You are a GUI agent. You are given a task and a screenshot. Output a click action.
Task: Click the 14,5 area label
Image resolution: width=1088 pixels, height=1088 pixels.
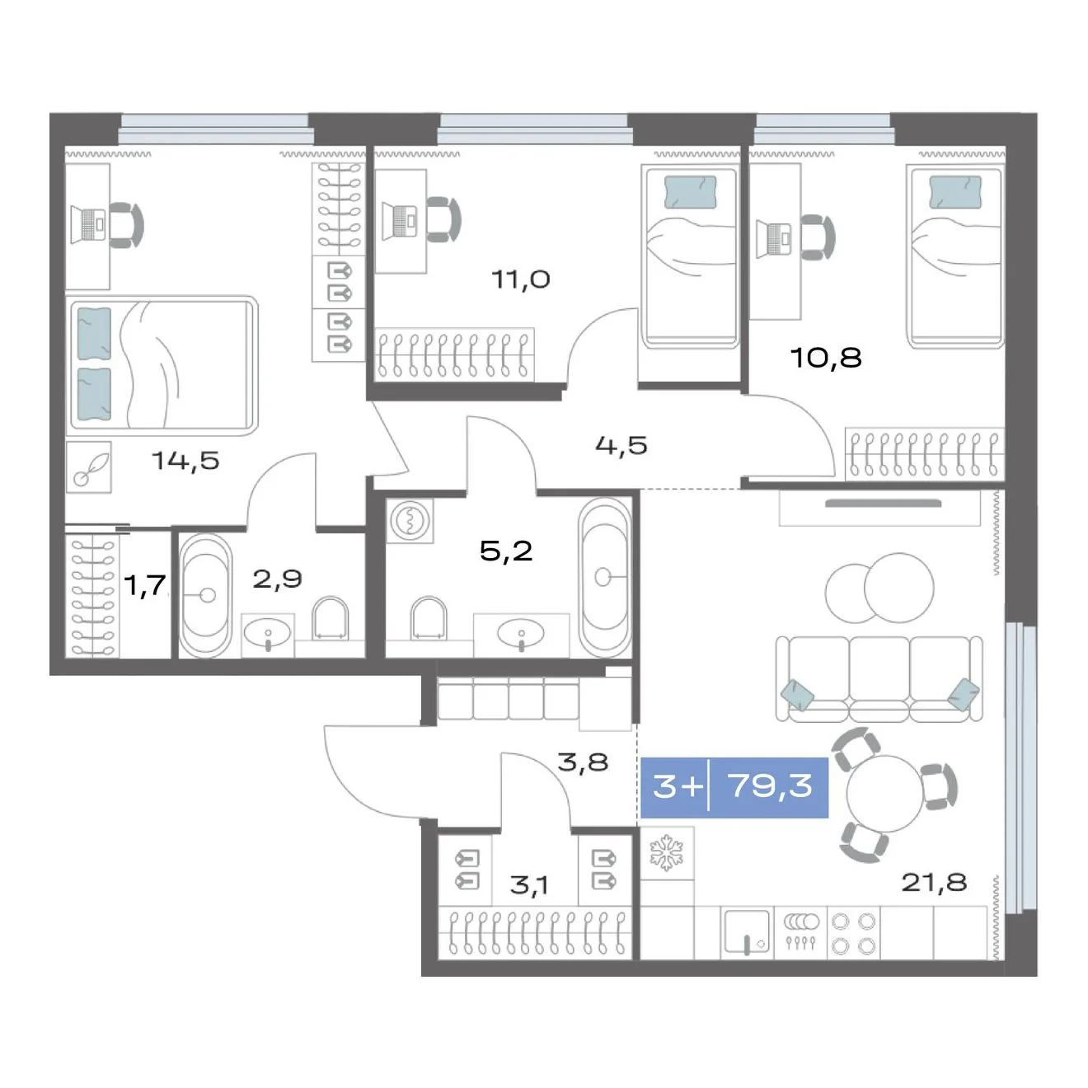point(185,462)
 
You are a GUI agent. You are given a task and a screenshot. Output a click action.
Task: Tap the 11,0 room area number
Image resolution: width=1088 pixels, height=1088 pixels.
point(521,279)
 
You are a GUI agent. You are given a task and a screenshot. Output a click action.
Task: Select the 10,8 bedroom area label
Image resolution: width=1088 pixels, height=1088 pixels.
point(826,358)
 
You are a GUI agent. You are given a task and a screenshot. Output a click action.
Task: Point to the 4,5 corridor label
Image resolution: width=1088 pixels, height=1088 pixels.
point(621,445)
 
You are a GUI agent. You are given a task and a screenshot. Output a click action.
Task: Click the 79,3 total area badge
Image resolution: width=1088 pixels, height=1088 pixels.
point(734,786)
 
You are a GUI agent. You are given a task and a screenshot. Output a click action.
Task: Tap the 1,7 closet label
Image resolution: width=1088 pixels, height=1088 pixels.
point(146,585)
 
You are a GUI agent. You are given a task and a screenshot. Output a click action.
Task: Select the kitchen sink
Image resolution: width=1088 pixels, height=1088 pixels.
point(747,933)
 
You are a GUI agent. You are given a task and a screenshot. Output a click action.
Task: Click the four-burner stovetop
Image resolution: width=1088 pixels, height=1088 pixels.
point(853,933)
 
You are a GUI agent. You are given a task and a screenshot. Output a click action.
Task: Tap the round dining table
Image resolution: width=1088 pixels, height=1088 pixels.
point(884,793)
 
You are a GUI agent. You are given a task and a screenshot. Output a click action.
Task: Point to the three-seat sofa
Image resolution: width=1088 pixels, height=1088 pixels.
point(879,679)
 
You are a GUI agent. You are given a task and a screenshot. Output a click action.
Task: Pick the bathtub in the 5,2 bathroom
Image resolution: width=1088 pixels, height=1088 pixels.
point(605,578)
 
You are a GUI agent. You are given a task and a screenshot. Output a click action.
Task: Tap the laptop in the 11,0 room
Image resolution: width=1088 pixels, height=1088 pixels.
point(401,220)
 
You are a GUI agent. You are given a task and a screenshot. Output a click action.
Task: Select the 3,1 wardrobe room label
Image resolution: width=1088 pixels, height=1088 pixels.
point(528,886)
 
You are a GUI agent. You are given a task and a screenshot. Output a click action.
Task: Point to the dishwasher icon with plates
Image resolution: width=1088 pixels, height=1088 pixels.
point(800,933)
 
